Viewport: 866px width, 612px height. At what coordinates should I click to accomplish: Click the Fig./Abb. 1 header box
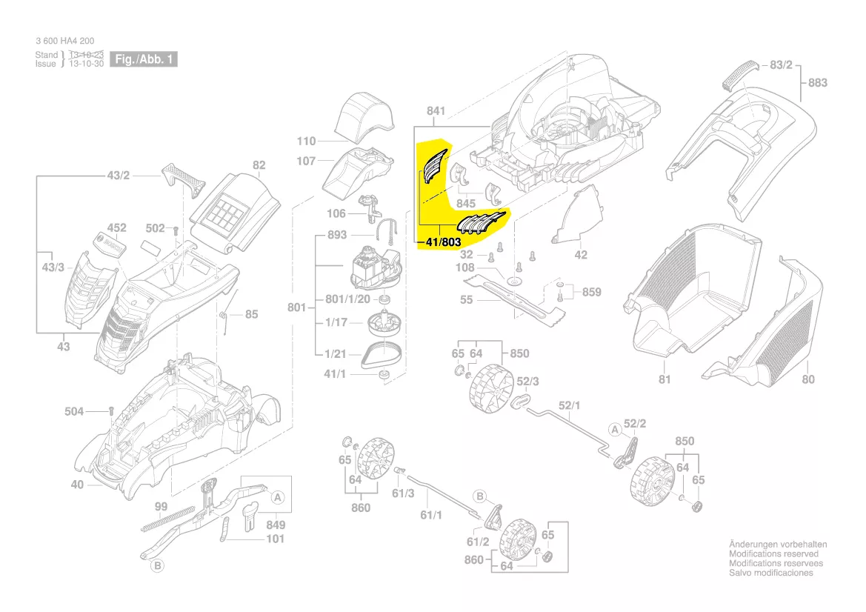click(x=144, y=59)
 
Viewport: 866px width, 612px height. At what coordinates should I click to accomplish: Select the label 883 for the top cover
click(x=817, y=83)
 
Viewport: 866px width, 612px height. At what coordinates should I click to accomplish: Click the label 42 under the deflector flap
click(x=581, y=255)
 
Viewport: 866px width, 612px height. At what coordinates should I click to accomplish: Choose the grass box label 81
click(x=664, y=379)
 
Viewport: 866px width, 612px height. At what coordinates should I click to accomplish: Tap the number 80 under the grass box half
click(x=807, y=379)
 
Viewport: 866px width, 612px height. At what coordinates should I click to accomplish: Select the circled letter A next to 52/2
click(x=614, y=429)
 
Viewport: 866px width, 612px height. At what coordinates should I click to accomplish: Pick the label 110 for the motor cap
click(x=306, y=141)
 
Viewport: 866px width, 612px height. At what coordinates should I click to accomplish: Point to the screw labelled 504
click(x=110, y=410)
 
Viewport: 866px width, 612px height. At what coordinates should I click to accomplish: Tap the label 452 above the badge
click(x=117, y=228)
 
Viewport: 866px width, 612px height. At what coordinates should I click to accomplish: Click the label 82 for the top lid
click(x=259, y=165)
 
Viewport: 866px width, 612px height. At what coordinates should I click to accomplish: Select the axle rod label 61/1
click(x=431, y=513)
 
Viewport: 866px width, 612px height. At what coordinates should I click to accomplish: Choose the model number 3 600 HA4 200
click(x=64, y=41)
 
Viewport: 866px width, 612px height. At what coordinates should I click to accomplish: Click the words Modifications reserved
click(x=773, y=554)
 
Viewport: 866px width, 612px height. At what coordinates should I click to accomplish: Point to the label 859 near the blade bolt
click(x=591, y=292)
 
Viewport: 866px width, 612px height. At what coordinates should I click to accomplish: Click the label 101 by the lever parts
click(x=275, y=539)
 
